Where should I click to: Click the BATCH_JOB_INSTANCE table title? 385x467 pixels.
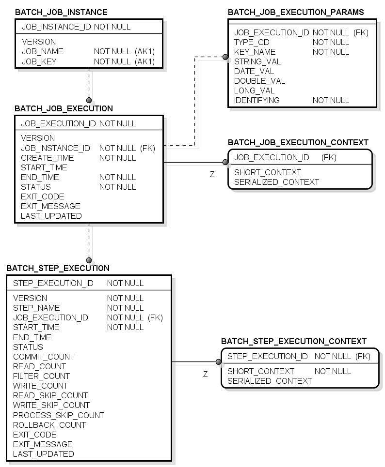[x=61, y=12]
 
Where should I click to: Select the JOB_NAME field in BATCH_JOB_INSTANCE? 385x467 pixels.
[x=43, y=51]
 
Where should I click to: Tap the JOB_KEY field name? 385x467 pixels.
[x=39, y=61]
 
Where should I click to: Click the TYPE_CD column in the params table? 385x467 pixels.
[x=252, y=42]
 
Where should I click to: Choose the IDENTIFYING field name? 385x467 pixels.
[x=257, y=100]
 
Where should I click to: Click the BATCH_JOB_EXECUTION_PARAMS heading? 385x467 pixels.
[x=296, y=12]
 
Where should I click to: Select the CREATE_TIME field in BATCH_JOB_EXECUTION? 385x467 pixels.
[x=48, y=158]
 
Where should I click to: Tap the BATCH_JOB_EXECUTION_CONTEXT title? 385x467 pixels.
[x=298, y=142]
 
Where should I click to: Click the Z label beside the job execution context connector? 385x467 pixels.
[x=212, y=174]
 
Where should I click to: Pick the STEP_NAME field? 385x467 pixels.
[x=36, y=308]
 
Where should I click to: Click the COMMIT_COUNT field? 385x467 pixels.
[x=44, y=357]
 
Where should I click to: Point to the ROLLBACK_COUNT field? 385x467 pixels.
[x=49, y=425]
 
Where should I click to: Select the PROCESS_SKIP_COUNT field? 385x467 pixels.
[x=59, y=415]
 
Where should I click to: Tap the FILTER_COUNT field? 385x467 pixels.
[x=41, y=376]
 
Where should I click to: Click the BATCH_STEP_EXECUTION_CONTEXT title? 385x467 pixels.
[x=294, y=341]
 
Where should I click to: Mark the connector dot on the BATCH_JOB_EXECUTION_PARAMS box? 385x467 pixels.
[x=225, y=57]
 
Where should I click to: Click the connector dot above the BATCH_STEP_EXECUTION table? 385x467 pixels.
[x=89, y=260]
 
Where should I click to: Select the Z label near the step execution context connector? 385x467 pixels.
[x=206, y=374]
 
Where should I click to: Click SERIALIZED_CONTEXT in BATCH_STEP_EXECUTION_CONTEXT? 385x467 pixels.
[x=270, y=381]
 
